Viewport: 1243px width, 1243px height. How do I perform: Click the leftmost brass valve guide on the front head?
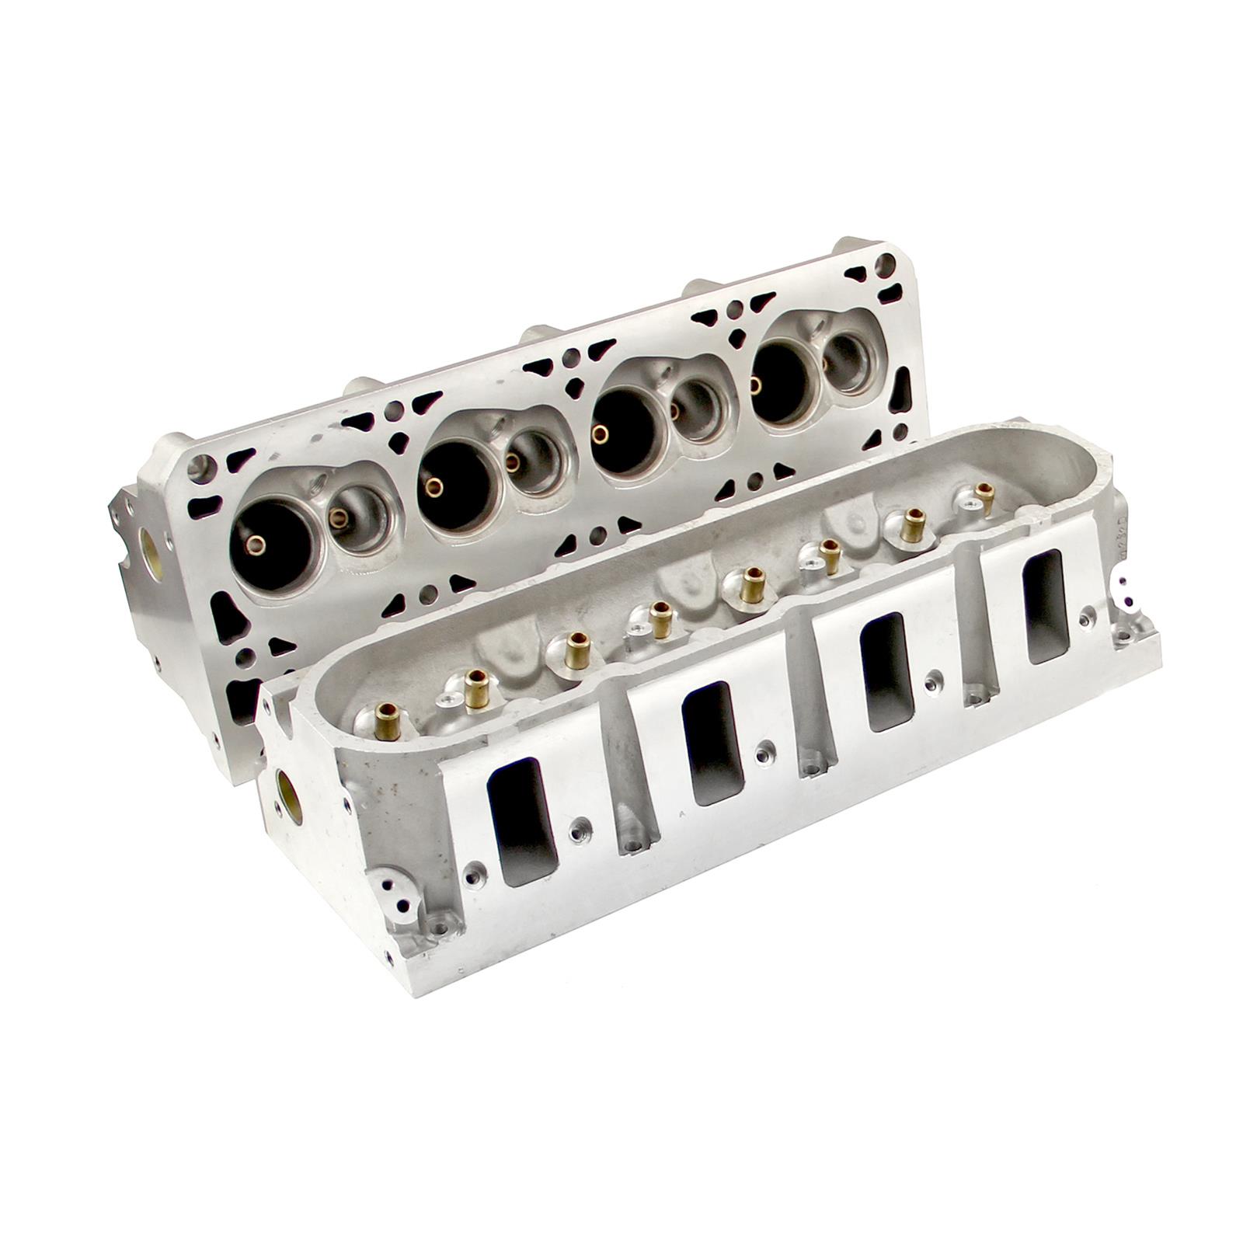pos(387,721)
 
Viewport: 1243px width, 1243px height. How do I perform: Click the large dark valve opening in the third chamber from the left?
pos(625,429)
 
